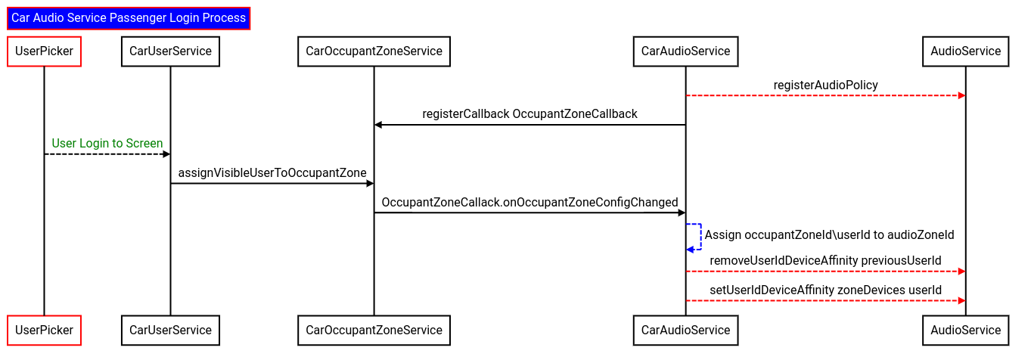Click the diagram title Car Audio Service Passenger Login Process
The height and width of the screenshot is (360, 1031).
(x=129, y=18)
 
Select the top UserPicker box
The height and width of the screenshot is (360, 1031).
(x=44, y=51)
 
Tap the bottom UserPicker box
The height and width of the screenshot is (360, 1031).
(x=44, y=331)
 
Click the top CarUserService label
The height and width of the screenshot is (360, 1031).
(x=170, y=51)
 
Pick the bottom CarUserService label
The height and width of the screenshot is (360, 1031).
(x=170, y=331)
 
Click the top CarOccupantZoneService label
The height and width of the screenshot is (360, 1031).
(x=374, y=51)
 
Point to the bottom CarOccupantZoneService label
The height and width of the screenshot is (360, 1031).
(x=374, y=331)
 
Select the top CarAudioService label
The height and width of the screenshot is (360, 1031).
(x=685, y=51)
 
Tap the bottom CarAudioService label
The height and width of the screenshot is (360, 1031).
(x=685, y=331)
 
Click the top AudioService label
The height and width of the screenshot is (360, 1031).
(x=965, y=51)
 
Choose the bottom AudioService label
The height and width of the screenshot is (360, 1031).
(x=965, y=331)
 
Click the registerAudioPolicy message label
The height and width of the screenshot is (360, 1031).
(x=825, y=85)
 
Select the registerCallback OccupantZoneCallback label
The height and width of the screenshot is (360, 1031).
(x=529, y=114)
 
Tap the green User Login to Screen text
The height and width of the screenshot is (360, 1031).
(x=107, y=144)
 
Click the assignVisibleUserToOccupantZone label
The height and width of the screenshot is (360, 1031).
(x=272, y=173)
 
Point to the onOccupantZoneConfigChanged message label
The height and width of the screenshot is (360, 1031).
(x=529, y=203)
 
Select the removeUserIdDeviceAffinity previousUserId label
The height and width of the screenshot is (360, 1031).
(x=825, y=261)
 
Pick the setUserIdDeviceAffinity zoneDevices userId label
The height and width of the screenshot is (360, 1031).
(x=825, y=290)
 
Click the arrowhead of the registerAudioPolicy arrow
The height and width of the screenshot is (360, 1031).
(x=961, y=96)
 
